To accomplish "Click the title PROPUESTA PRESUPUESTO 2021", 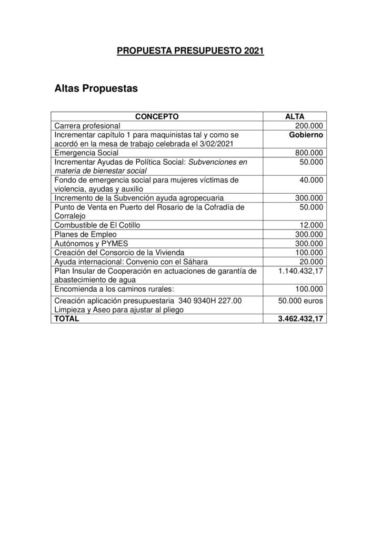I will [190, 51].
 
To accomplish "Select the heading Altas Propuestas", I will [96, 88].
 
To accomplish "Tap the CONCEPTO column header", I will [157, 116].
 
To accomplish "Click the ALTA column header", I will [294, 116].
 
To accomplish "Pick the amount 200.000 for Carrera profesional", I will [309, 126].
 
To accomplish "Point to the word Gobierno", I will [306, 135].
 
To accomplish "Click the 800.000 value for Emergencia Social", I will [309, 153].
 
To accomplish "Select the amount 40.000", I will [312, 180].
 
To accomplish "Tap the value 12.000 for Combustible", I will [312, 225].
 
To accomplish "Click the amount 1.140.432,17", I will [300, 271].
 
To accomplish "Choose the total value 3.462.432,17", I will [300, 318].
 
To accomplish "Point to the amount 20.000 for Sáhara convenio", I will [312, 262].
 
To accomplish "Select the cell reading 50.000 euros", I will [300, 301].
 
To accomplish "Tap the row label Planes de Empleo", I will [86, 234].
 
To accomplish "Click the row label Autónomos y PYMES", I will [92, 243].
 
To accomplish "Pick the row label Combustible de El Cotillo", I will [97, 225].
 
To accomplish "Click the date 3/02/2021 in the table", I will [215, 144].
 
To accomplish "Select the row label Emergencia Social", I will [86, 153].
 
